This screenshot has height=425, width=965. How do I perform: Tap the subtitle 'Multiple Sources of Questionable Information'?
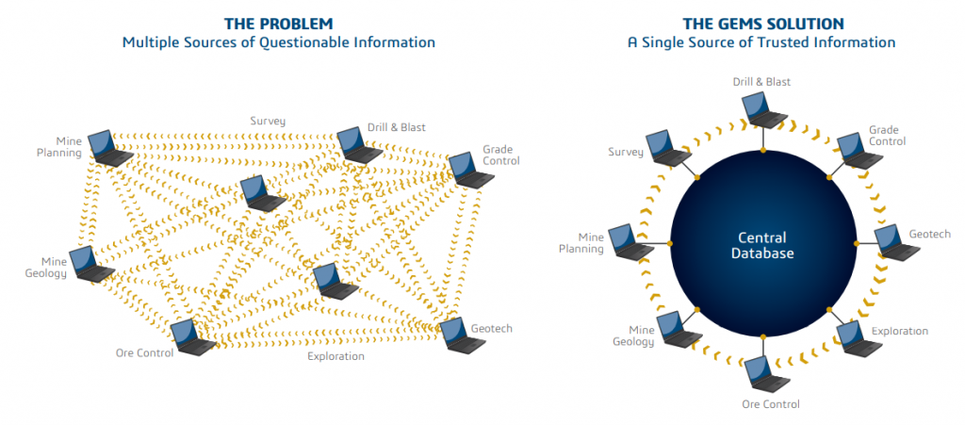pyautogui.click(x=278, y=42)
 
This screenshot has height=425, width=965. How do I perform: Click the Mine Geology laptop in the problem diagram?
pyautogui.click(x=92, y=264)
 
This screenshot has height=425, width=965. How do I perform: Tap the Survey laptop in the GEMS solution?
pyautogui.click(x=670, y=149)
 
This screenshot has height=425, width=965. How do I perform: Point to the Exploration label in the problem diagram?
pyautogui.click(x=335, y=356)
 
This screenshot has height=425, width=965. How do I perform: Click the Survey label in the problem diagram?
pyautogui.click(x=268, y=121)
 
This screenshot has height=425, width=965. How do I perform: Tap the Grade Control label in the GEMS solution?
pyautogui.click(x=887, y=135)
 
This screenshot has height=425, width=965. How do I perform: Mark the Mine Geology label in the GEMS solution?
pyautogui.click(x=634, y=335)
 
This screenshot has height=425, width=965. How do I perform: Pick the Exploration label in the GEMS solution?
pyautogui.click(x=899, y=331)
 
